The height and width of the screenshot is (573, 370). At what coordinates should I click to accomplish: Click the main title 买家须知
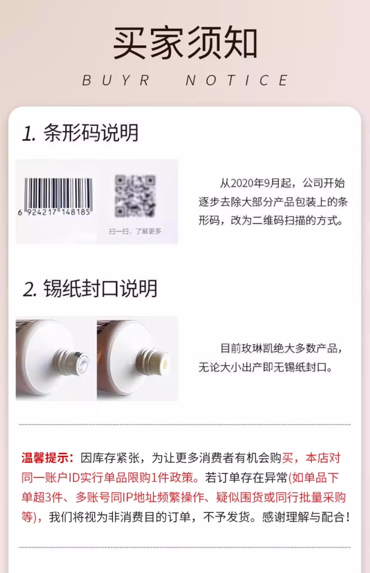(x=185, y=42)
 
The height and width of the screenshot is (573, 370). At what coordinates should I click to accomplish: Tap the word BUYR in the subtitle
(x=116, y=80)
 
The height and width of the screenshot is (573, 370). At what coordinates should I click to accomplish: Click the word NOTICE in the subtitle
(x=237, y=80)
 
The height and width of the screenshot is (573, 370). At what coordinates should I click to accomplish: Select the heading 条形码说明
(x=91, y=133)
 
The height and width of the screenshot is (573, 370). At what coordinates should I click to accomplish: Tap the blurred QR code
(x=135, y=196)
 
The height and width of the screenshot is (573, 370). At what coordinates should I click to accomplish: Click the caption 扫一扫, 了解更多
(x=135, y=231)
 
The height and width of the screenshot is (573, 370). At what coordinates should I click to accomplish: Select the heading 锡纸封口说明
(x=100, y=289)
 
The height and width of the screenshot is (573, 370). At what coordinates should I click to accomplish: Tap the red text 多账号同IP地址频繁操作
(x=140, y=497)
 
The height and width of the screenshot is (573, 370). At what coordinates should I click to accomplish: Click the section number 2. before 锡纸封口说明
(x=30, y=289)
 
